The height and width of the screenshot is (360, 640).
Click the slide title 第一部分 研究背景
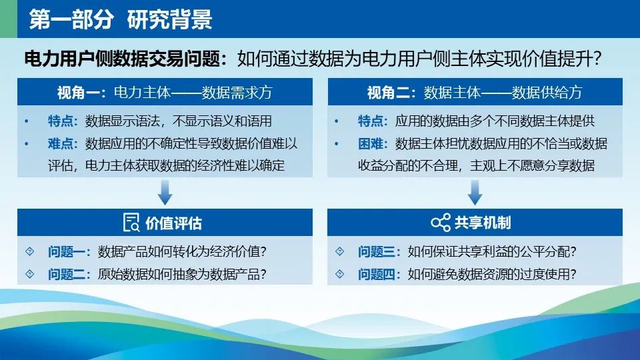click(121, 19)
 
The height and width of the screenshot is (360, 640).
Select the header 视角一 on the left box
click(77, 93)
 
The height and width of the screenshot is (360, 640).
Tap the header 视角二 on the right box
click(388, 93)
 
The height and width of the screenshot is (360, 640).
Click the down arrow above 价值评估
click(165, 193)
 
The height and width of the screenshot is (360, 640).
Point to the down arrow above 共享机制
click(475, 193)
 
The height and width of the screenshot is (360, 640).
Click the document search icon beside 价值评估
click(131, 223)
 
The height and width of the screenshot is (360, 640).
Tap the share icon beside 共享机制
click(441, 223)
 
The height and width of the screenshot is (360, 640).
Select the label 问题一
click(66, 251)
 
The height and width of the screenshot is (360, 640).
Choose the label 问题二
click(66, 274)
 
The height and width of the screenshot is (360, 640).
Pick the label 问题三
click(376, 251)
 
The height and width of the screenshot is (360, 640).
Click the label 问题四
click(376, 274)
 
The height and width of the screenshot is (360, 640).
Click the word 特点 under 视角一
click(61, 121)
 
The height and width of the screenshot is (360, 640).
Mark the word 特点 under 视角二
click(370, 121)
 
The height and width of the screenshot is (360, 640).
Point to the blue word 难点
click(61, 143)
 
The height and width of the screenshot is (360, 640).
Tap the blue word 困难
click(370, 143)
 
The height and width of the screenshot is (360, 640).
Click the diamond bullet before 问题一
click(30, 251)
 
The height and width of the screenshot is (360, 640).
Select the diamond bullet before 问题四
click(339, 274)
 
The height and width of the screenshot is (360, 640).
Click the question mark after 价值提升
click(597, 59)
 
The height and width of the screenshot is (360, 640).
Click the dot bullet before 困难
click(336, 144)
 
